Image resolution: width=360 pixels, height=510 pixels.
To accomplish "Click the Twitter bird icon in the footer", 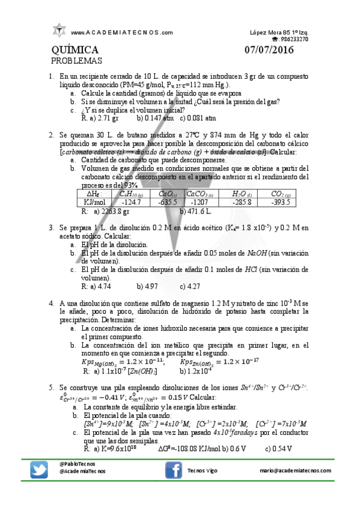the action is pos(39,470).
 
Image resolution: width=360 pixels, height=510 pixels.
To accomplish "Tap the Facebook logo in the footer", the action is pos(174,470).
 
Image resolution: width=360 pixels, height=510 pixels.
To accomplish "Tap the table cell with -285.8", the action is pos(245,203).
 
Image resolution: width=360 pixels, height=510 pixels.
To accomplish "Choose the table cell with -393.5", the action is pos(281,203).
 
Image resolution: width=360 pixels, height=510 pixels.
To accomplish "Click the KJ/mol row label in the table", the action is pos(96,203).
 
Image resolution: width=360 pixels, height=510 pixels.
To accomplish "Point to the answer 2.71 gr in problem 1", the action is pos(107,118).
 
